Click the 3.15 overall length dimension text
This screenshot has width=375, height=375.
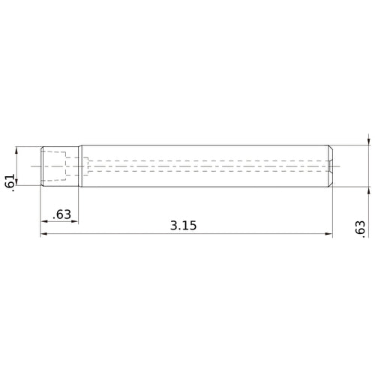click(x=183, y=225)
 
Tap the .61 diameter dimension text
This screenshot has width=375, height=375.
click(x=10, y=183)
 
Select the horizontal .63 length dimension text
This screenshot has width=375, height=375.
click(x=61, y=214)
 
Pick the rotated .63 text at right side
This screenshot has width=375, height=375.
click(x=360, y=229)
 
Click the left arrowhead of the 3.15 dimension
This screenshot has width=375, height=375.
click(x=43, y=234)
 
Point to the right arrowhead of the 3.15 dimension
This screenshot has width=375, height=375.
click(x=328, y=234)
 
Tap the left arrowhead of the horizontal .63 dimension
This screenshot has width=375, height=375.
click(x=44, y=221)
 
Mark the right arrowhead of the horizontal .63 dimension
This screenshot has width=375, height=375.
click(x=75, y=221)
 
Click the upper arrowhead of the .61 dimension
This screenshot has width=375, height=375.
click(x=16, y=151)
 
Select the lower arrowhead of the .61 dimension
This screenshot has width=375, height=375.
click(x=16, y=182)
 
